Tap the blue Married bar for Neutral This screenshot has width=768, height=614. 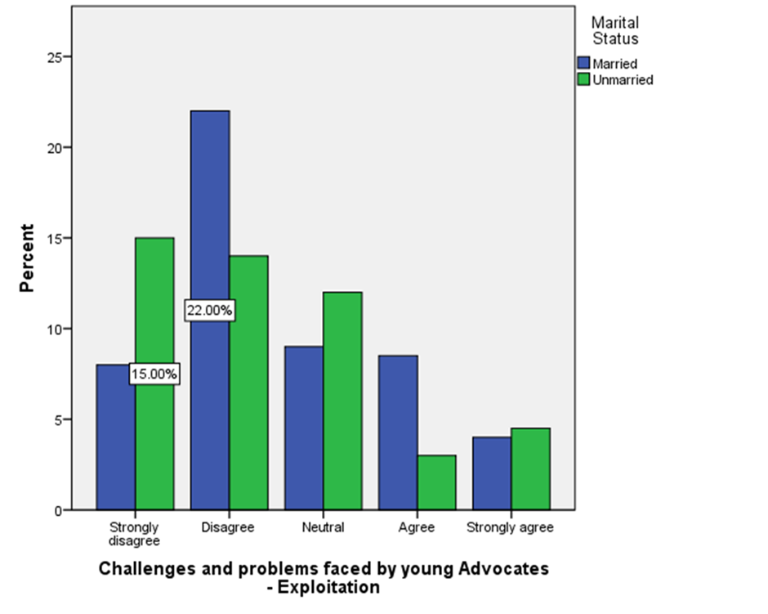[x=304, y=428]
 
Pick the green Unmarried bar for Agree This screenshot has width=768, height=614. [x=437, y=482]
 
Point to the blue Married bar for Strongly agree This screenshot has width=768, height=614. [x=492, y=473]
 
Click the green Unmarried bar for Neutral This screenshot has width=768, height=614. [x=343, y=401]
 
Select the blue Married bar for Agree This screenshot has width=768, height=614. [x=398, y=432]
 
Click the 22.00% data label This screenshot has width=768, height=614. [x=210, y=310]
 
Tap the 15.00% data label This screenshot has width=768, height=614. [x=154, y=374]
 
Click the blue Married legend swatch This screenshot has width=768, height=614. [x=583, y=63]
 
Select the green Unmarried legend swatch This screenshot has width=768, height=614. [x=583, y=79]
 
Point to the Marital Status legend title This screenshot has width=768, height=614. [x=615, y=30]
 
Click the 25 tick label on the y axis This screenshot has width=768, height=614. [x=55, y=57]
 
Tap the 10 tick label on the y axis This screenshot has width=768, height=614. [x=55, y=329]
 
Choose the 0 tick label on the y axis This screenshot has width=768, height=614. [x=59, y=511]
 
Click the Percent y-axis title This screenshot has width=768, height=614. [x=27, y=258]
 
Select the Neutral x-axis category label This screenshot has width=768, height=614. [x=323, y=527]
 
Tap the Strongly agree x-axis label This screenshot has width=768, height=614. [x=510, y=528]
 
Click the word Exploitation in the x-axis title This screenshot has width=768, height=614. [x=328, y=587]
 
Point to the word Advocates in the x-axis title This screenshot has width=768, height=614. [x=503, y=568]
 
